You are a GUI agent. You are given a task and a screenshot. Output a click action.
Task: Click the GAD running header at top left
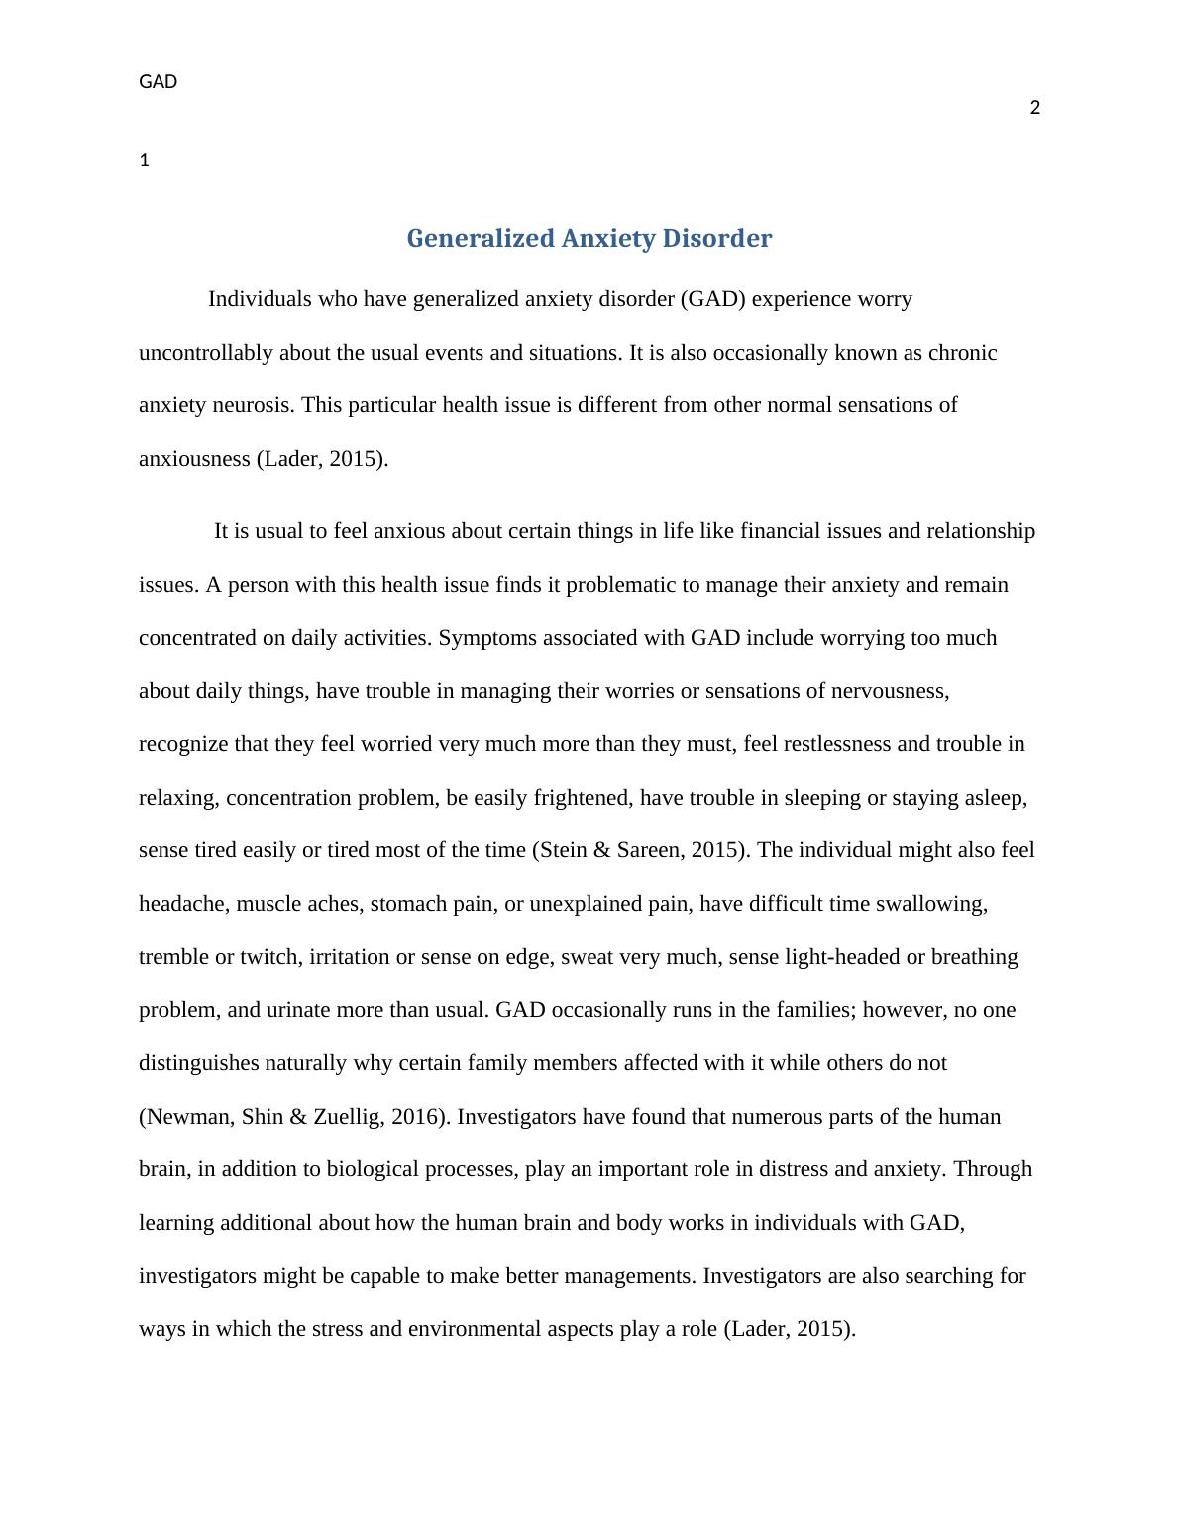[x=158, y=82]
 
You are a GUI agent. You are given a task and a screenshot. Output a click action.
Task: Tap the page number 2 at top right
[x=1035, y=108]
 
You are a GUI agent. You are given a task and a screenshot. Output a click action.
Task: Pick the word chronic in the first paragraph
[x=962, y=353]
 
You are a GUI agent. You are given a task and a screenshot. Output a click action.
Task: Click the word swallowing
[x=937, y=904]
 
